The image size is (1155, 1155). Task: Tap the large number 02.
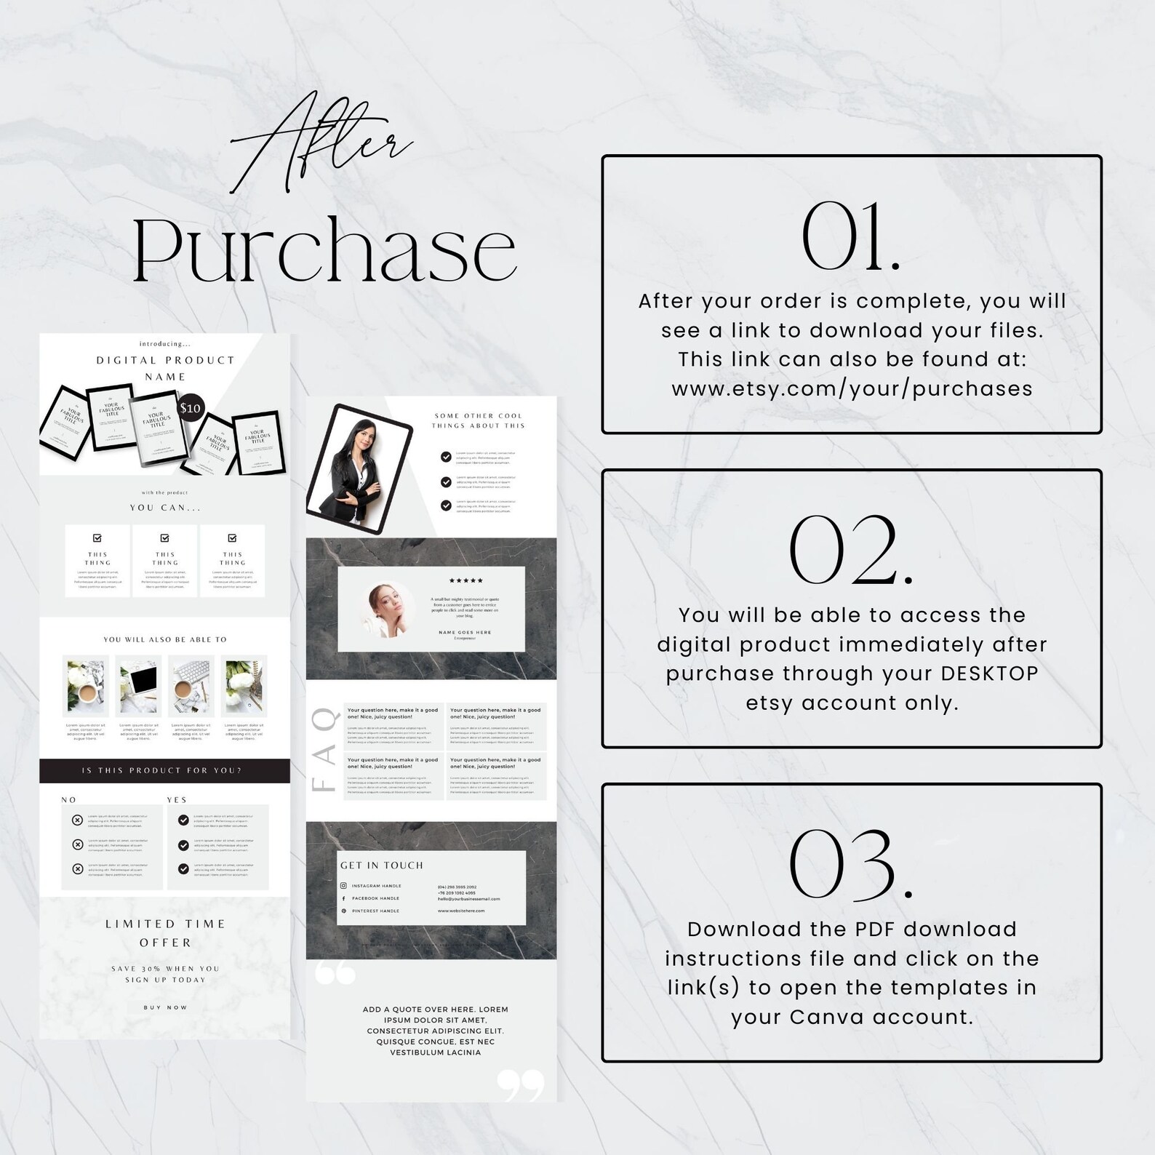851,551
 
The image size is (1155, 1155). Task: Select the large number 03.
851,865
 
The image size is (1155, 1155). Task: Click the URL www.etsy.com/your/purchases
852,388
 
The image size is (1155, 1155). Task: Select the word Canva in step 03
827,1017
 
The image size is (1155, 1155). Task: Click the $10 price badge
191,408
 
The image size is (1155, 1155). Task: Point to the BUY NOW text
165,1007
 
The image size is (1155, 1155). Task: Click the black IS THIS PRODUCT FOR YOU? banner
164,770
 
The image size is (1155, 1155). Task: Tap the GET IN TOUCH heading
381,865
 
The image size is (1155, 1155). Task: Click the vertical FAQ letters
324,750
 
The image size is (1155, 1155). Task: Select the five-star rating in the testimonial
465,580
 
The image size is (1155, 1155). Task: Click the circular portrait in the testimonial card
386,609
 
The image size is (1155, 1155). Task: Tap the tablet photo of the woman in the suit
359,469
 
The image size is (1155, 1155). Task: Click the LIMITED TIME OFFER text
165,933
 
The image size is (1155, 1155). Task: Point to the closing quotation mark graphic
521,1084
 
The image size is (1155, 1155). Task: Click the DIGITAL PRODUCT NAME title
165,368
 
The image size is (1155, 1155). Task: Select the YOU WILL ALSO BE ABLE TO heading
165,639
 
